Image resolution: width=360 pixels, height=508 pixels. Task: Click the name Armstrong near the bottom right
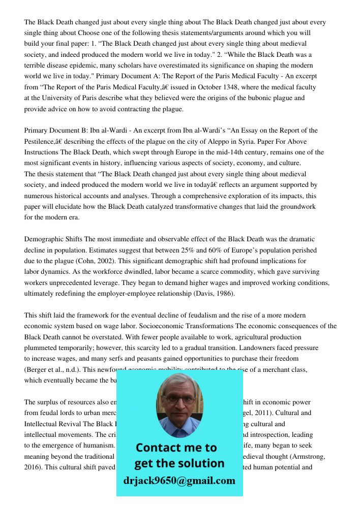coord(300,456)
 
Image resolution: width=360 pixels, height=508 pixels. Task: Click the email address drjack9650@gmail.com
coord(179,481)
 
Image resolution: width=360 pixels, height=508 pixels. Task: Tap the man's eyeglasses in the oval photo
coord(178,400)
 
